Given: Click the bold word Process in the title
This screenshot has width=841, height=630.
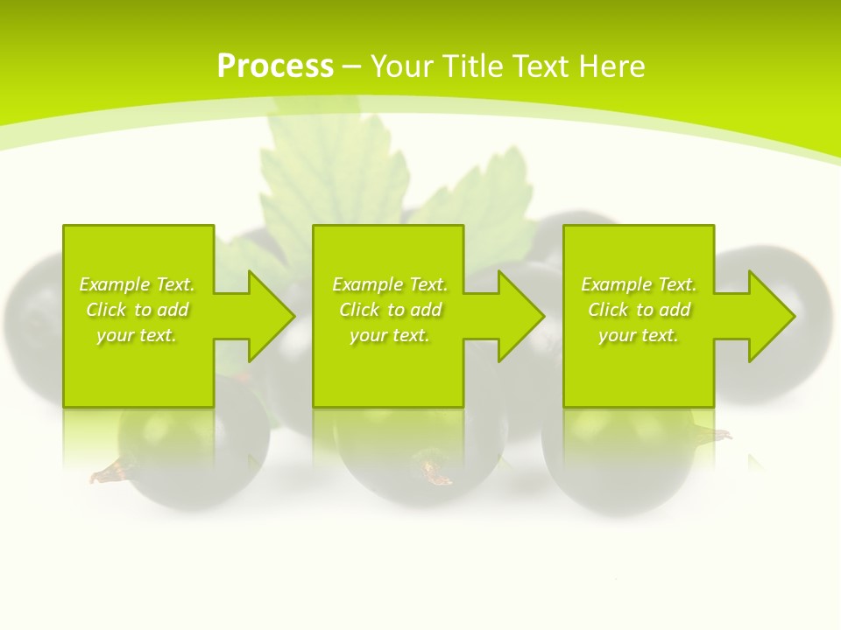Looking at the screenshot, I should (x=275, y=66).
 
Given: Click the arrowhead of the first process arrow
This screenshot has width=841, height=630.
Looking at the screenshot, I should (x=272, y=316).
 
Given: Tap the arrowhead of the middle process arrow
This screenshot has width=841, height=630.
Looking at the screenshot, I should (x=521, y=316).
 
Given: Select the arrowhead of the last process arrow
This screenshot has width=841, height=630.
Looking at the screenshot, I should (x=771, y=316).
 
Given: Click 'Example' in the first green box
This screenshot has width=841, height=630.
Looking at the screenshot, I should (x=114, y=284).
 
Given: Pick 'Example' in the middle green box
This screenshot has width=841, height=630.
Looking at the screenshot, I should (x=367, y=284).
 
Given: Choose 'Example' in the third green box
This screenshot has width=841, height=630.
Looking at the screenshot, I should (x=616, y=284).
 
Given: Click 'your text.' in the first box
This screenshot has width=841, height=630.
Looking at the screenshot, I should (x=137, y=335).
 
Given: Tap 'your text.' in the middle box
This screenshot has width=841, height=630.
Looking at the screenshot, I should (x=390, y=335).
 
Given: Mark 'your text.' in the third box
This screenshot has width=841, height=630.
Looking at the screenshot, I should (x=639, y=335).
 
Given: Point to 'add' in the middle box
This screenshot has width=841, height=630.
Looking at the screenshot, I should (x=426, y=310).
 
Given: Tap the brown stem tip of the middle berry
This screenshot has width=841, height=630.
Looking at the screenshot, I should (x=436, y=473).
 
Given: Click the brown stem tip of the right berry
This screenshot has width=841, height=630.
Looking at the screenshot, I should (x=714, y=434).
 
